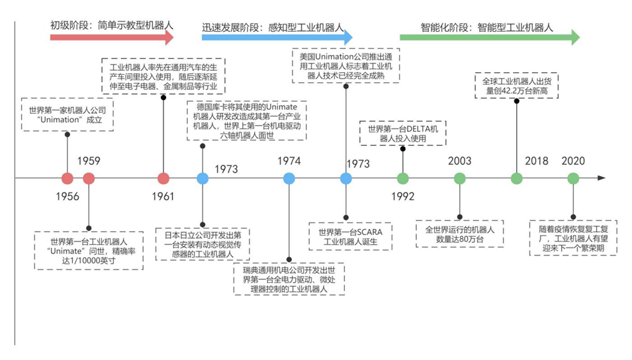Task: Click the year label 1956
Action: (68, 196)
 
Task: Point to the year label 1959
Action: (89, 161)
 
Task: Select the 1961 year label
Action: (163, 196)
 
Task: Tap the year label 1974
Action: (289, 161)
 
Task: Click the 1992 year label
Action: (402, 196)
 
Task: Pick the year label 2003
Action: (459, 161)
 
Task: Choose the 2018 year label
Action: (537, 161)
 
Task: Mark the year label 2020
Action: (573, 161)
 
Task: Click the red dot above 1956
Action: (68, 178)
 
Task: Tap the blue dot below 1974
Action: (289, 178)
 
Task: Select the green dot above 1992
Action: (402, 178)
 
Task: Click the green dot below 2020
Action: (573, 178)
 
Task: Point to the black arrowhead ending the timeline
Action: (601, 178)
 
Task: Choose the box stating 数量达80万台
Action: (459, 234)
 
